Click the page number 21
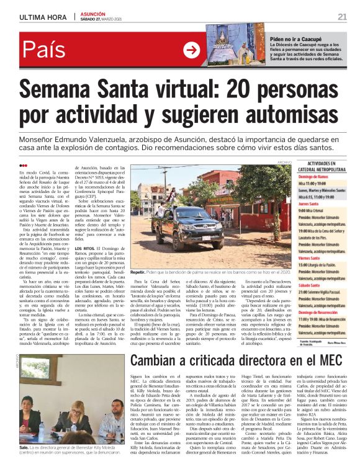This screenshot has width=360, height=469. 342,16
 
